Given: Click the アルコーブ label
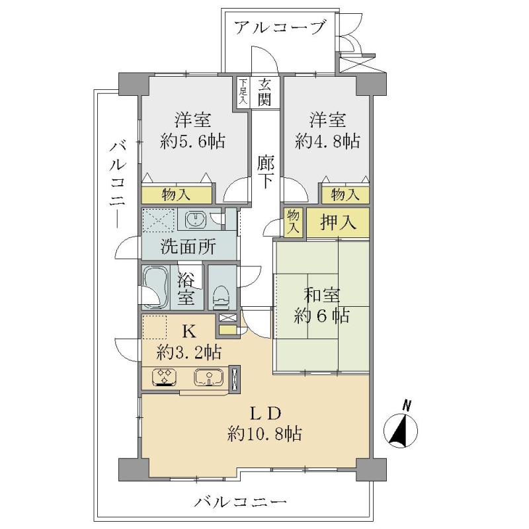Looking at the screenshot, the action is pos(280,27).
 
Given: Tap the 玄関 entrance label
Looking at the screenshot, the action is pos(265,93).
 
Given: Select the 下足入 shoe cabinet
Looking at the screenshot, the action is pos(243,93).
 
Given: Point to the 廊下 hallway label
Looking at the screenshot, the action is pos(266,172).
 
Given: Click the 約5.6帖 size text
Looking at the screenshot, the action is pos(192,141).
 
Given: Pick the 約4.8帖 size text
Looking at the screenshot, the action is pos(327,141).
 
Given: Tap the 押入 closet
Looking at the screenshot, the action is pos(338,223).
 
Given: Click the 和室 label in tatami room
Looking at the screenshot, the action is pos(322,295).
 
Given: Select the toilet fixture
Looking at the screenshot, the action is pos(221,297).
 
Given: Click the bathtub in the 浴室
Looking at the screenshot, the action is pos(155,287).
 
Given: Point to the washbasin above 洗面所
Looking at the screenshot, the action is pos(195,220).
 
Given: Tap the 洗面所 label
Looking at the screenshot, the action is pos(188,247).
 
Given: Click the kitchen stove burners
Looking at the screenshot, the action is pos(164,377).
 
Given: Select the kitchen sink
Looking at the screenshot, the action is pos(209,377).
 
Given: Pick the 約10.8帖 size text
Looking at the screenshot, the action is pos(264,433).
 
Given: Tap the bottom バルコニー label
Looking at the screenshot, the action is pos(240,503).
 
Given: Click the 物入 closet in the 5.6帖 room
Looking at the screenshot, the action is pos(177,195).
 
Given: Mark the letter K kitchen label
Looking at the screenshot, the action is pos(189,332).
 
